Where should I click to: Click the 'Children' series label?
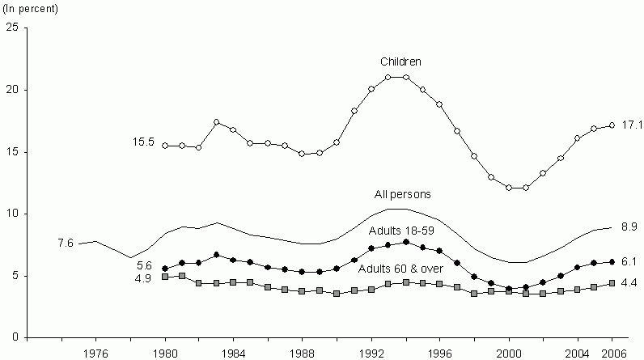click(x=401, y=61)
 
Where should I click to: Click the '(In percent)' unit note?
click(x=32, y=9)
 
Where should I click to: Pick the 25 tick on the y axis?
click(x=12, y=28)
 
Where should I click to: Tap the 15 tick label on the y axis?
click(x=12, y=151)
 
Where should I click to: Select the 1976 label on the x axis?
click(x=96, y=352)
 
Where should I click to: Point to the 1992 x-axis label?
click(x=372, y=352)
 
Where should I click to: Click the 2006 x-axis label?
click(x=612, y=352)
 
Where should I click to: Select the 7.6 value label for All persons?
click(x=66, y=242)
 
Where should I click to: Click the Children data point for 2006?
click(x=612, y=125)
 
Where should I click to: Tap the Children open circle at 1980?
click(x=165, y=146)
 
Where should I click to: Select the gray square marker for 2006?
click(x=612, y=283)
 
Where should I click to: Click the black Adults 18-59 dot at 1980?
click(x=165, y=269)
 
